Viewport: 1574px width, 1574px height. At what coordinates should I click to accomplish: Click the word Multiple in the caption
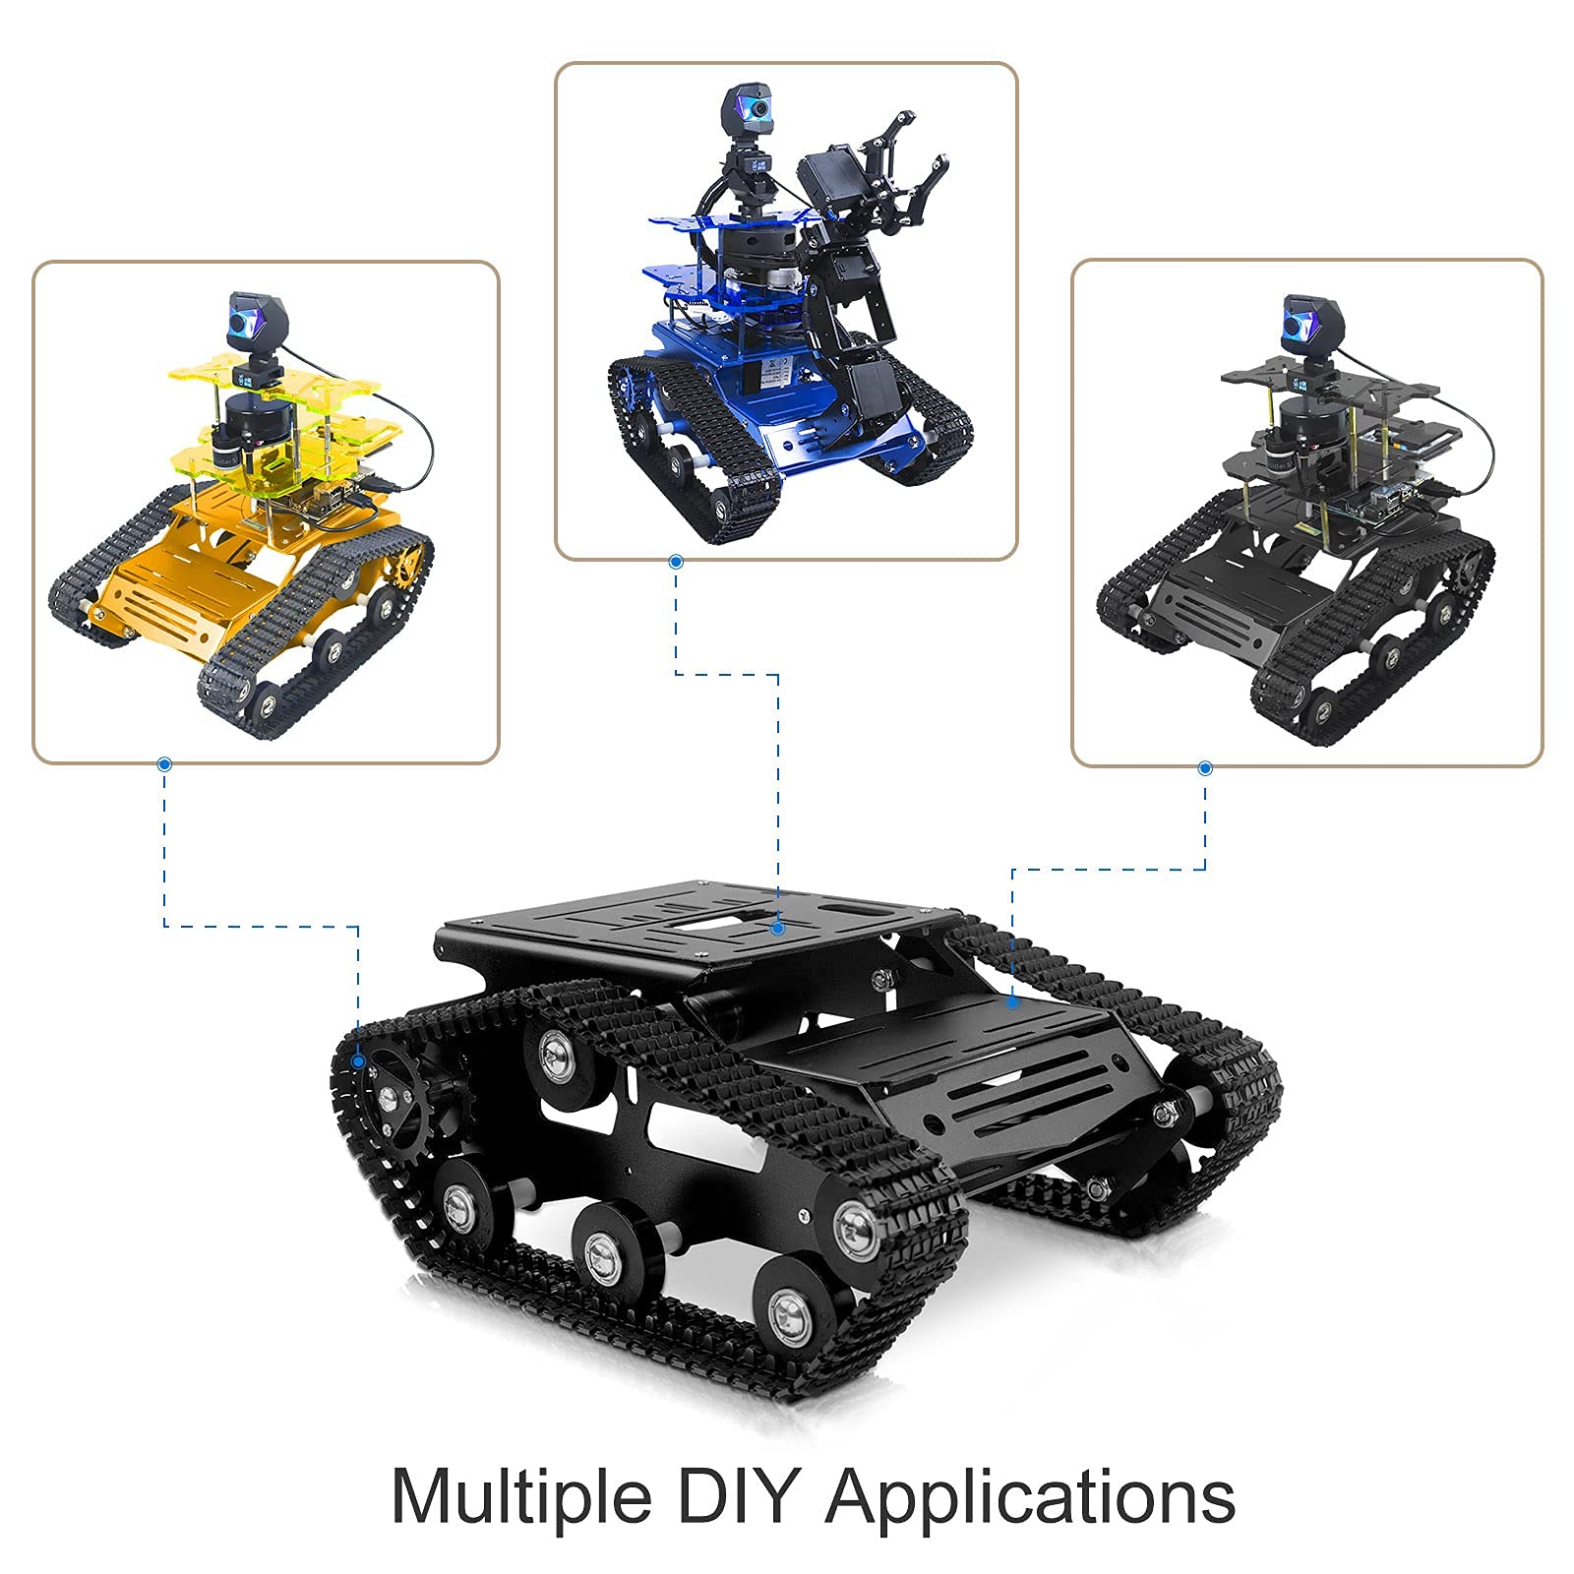coord(521,1498)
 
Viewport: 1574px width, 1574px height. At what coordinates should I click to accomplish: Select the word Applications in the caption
coord(1030,1498)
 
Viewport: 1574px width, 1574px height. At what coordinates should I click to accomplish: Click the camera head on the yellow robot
coord(250,320)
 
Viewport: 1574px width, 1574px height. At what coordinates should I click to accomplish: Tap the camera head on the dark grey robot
coord(1307,322)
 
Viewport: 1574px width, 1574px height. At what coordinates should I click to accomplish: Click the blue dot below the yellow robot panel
coord(164,763)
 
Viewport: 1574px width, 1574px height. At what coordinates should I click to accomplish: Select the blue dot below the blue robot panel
coord(676,562)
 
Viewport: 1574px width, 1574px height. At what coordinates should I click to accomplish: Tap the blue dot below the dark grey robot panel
coord(1206,768)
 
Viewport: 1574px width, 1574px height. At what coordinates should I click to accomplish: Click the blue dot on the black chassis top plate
coord(778,927)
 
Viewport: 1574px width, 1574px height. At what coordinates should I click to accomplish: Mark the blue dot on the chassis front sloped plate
coord(1012,1003)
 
